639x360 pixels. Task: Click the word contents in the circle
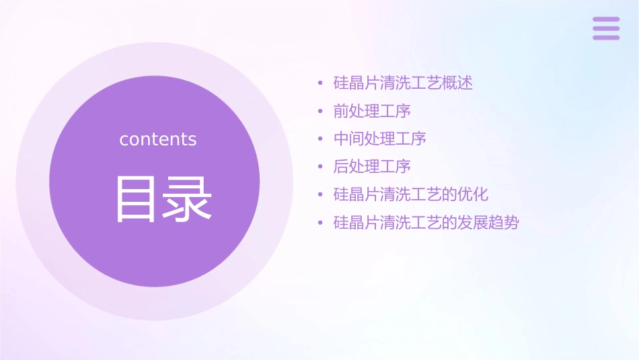158,139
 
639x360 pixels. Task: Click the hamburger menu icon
606,28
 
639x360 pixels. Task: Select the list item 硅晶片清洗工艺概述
403,83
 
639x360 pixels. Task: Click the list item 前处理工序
372,111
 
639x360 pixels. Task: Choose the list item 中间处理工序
379,139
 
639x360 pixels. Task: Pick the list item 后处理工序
372,166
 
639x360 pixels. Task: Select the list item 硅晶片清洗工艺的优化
411,194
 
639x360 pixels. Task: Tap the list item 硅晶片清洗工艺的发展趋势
426,223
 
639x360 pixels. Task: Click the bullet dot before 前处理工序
321,112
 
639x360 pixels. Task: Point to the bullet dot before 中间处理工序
321,139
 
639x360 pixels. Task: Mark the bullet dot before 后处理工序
321,167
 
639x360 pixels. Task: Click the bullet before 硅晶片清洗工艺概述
321,84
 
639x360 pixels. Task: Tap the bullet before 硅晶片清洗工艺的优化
321,195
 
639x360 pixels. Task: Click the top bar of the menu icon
606,20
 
